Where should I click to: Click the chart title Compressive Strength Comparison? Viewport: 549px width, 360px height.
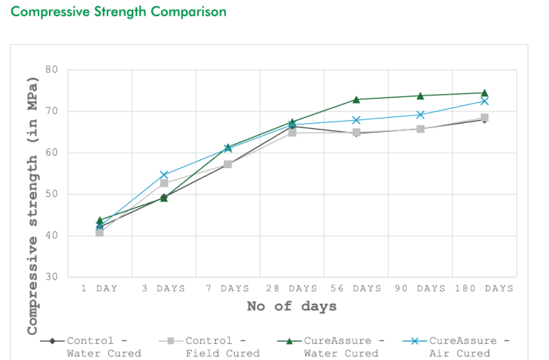tap(119, 12)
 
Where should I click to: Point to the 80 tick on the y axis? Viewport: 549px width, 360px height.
tap(51, 70)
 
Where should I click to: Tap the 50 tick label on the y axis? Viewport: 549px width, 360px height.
tap(51, 194)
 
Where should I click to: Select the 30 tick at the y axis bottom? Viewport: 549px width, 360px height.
tap(51, 277)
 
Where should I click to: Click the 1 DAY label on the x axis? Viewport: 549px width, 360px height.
tap(100, 288)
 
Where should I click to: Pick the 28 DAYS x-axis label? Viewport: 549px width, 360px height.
tap(292, 288)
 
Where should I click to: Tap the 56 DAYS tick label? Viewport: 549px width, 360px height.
tap(356, 288)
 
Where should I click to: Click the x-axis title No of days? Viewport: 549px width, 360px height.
tap(291, 306)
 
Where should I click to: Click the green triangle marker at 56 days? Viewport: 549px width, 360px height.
tap(356, 99)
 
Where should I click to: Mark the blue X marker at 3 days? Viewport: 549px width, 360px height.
tap(164, 175)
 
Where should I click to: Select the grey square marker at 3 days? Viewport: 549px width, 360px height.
tap(164, 183)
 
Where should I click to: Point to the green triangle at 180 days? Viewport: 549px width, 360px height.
tap(485, 93)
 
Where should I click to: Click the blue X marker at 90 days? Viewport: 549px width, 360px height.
tap(420, 115)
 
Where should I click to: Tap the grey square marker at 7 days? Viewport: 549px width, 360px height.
tap(227, 164)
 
